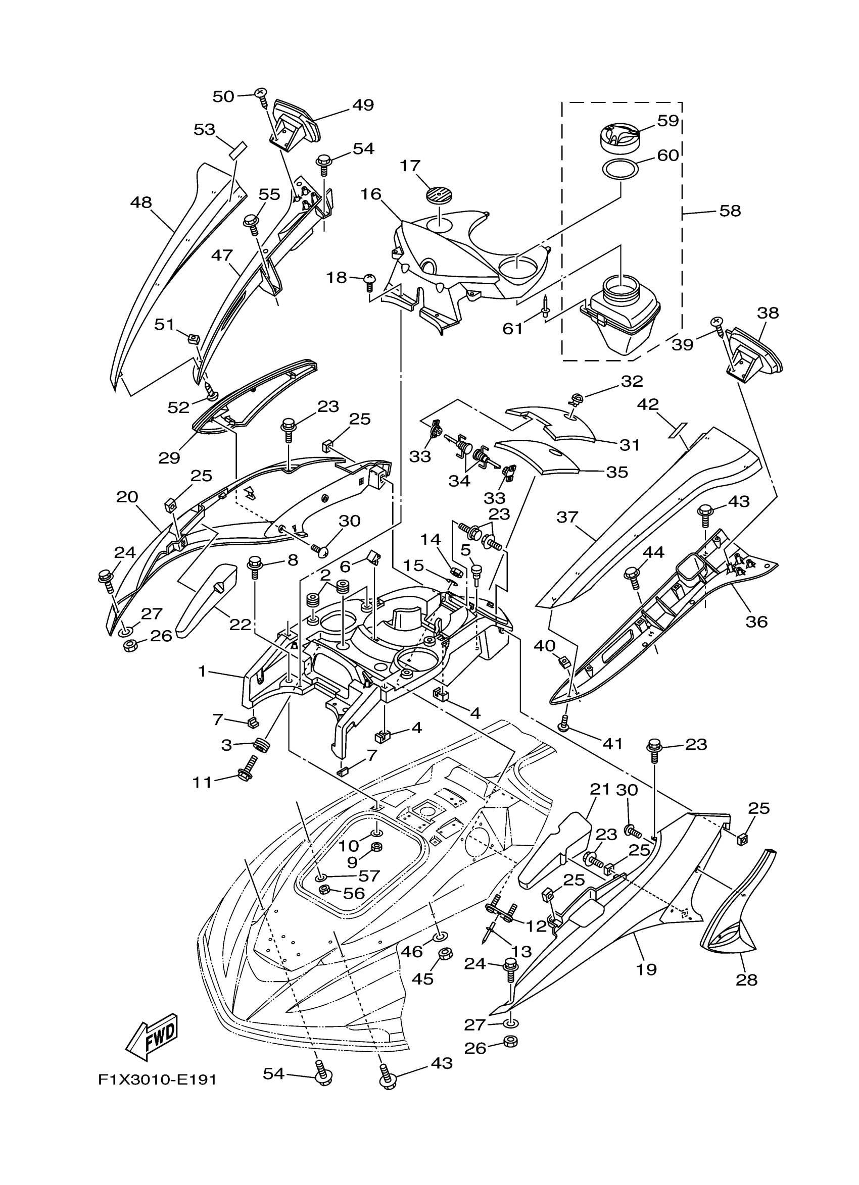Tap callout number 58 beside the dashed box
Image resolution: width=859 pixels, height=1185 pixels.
coord(730,211)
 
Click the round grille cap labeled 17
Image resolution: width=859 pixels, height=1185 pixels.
coord(439,197)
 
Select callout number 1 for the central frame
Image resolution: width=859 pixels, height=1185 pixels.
coord(202,672)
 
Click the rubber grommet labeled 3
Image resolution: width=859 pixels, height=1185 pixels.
coord(261,746)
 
